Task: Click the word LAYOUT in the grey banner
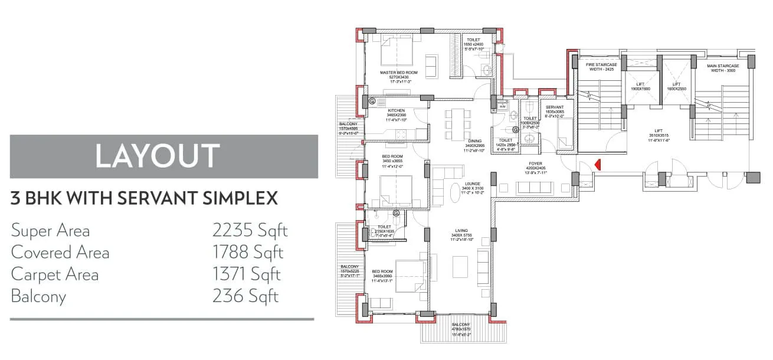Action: (x=158, y=156)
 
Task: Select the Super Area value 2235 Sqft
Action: (x=250, y=230)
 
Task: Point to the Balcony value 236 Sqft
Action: (x=245, y=296)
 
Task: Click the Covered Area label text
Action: (x=60, y=253)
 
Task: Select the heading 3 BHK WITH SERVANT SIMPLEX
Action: (x=144, y=198)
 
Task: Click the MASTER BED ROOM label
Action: (x=398, y=73)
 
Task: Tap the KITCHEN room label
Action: (x=395, y=110)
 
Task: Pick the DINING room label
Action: (x=474, y=141)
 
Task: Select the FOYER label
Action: (x=535, y=163)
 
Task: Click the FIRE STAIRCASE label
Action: (x=601, y=65)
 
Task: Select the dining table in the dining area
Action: (x=458, y=122)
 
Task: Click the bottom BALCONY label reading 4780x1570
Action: (x=461, y=325)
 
